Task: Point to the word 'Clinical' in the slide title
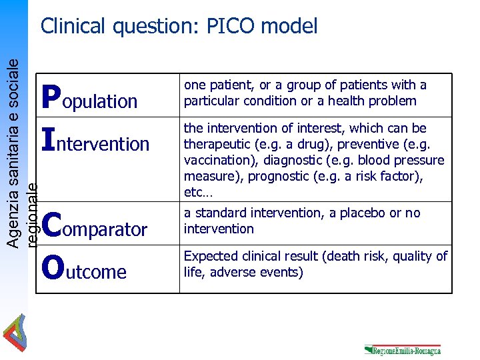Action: tap(73, 26)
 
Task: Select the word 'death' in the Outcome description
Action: tap(371, 257)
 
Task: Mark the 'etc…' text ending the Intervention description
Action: tap(197, 193)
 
